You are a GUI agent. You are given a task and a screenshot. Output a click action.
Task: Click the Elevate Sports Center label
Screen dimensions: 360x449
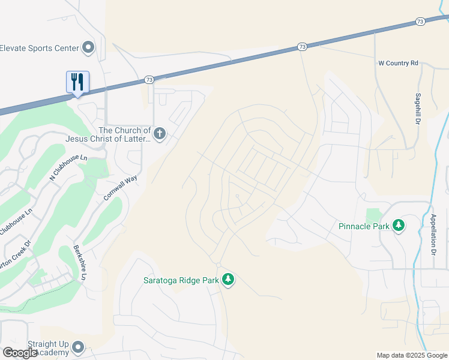(40, 48)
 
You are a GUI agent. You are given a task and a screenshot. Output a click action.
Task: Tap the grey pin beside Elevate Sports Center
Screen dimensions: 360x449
(89, 47)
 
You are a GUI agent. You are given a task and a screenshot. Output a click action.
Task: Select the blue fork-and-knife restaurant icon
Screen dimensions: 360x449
(77, 81)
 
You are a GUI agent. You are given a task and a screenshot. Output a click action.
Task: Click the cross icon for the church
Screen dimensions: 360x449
(159, 133)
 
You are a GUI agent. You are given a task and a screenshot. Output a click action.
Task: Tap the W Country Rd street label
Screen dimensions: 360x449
(398, 63)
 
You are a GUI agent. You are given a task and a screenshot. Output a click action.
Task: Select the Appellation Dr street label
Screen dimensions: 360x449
(433, 234)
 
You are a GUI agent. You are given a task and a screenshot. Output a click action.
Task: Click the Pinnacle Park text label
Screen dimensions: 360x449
(364, 226)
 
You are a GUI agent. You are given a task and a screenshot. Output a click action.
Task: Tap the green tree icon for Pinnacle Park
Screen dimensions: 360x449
(398, 226)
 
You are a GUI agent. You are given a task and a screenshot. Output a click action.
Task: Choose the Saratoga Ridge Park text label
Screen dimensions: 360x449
(180, 280)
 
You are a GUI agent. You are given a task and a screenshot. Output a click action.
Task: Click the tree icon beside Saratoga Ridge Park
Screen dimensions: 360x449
(228, 279)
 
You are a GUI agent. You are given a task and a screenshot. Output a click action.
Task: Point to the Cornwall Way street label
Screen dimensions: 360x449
(120, 187)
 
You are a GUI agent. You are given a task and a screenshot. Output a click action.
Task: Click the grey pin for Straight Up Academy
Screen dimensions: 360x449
(77, 347)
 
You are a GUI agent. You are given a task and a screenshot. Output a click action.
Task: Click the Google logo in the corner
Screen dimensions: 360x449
(20, 353)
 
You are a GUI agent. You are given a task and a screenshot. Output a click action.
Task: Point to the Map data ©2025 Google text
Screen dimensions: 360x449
(412, 355)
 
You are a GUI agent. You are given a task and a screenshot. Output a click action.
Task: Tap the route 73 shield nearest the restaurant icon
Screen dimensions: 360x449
(149, 79)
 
